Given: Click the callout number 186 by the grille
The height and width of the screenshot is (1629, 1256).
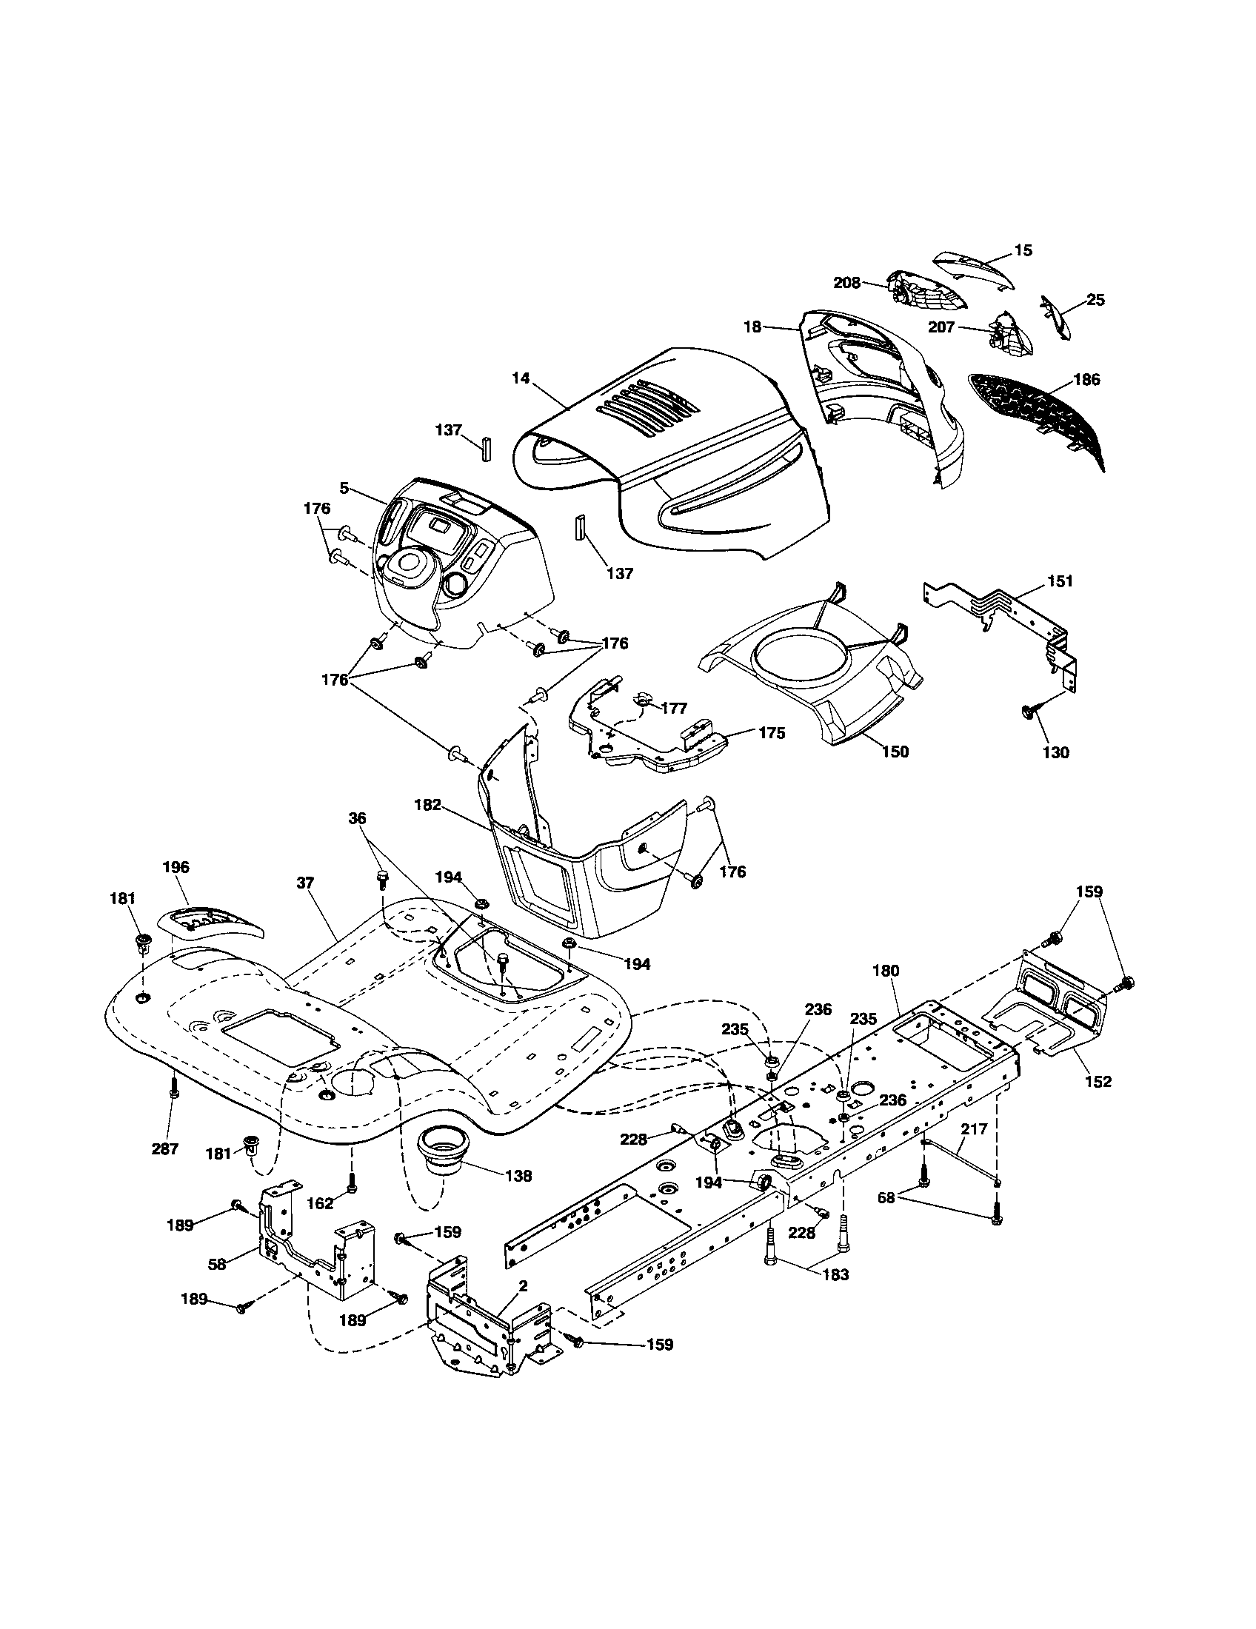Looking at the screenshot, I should click(x=1086, y=380).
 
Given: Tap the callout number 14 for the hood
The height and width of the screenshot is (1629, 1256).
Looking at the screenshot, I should click(x=521, y=378).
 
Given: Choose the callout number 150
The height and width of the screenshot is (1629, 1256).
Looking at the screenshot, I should click(x=895, y=751).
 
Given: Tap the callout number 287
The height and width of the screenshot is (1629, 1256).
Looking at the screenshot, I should click(x=165, y=1149).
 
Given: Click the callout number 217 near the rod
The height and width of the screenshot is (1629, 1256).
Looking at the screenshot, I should click(x=973, y=1129).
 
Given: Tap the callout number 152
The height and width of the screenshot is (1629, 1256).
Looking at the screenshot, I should click(x=1098, y=1082).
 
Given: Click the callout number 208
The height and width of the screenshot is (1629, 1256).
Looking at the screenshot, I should click(x=846, y=283).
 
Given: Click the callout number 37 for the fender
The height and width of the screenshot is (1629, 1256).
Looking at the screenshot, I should click(x=304, y=883).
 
